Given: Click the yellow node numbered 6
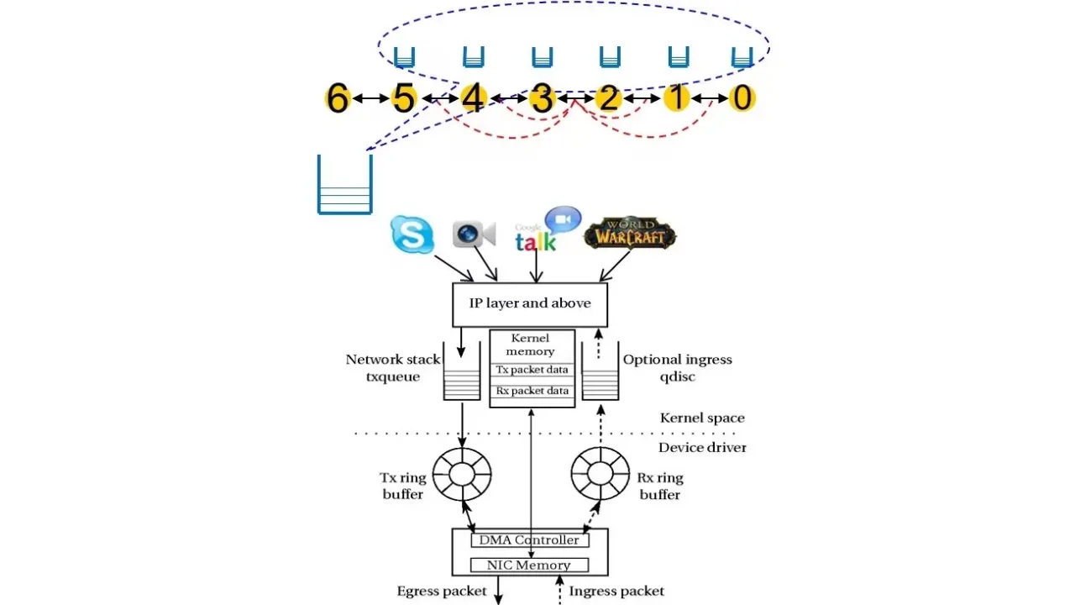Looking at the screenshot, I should pos(337,99).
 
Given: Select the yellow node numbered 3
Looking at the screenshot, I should pos(542,99).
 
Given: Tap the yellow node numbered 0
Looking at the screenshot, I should pos(742,98).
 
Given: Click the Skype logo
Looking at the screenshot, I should pos(412,234).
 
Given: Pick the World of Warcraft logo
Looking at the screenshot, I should pos(630,234).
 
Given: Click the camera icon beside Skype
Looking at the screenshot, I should pos(474,234).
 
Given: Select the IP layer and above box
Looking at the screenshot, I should pos(529,304).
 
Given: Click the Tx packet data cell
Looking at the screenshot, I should pos(532,370).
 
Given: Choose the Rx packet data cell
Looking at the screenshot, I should pos(532,391).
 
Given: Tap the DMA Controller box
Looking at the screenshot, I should pos(529,540).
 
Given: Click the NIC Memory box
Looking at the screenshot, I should pos(529,565).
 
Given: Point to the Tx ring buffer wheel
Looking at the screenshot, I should pos(462,474).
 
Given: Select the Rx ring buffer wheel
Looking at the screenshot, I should pos(600,474).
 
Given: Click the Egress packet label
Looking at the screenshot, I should pos(442,592).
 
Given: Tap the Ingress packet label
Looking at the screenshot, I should pos(616,592).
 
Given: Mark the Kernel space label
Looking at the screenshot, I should pos(702,418).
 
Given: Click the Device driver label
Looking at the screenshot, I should pos(702,448).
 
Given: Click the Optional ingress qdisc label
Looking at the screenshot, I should pos(677,368).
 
